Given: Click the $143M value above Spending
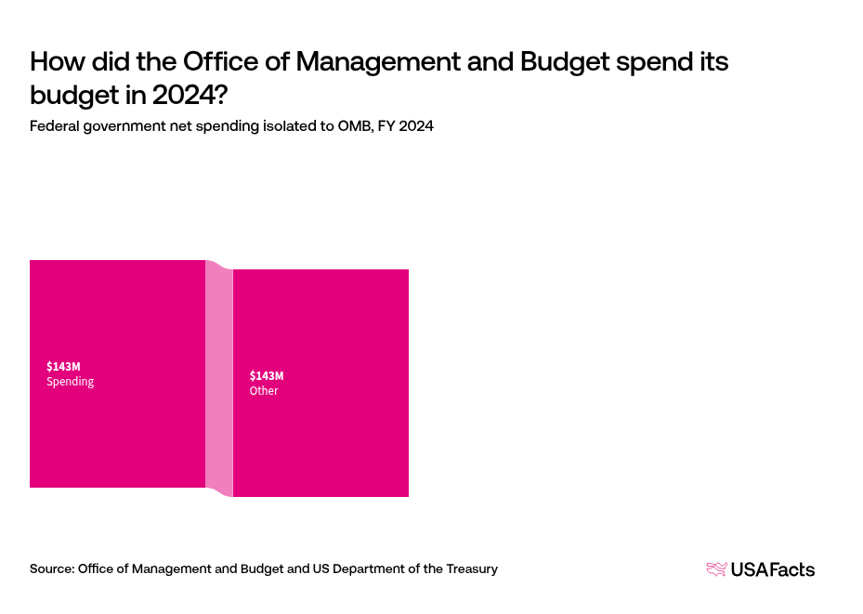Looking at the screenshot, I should tap(63, 366).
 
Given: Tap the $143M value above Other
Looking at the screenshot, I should tap(267, 375).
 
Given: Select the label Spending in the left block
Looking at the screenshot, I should tap(71, 382).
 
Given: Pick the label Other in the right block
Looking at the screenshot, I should tap(264, 391).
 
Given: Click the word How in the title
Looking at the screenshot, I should tap(56, 63).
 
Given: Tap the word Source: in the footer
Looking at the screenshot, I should tap(52, 568).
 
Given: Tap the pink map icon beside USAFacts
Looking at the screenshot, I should tap(716, 569).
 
